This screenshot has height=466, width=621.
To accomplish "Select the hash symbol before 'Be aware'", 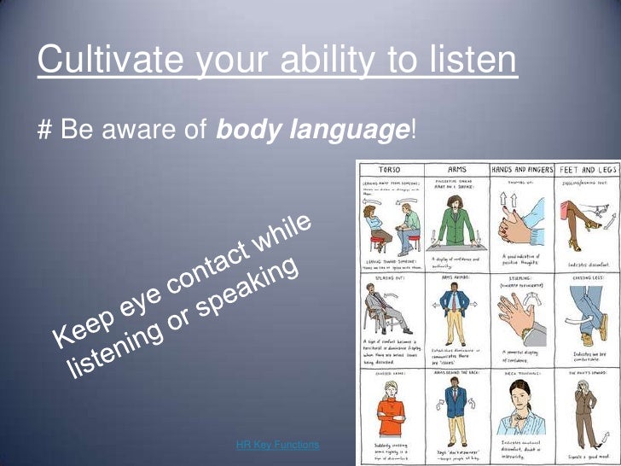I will (x=44, y=130).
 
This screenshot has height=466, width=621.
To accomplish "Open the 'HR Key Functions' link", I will (x=277, y=445).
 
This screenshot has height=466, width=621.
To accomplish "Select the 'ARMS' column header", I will (x=456, y=170).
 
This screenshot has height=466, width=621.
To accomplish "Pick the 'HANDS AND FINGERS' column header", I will (x=521, y=170).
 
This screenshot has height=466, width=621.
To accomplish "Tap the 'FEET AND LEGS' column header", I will (x=588, y=170).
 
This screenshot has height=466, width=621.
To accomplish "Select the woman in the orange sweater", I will (x=389, y=410).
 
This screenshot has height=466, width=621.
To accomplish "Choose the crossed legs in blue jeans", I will (x=589, y=316).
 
